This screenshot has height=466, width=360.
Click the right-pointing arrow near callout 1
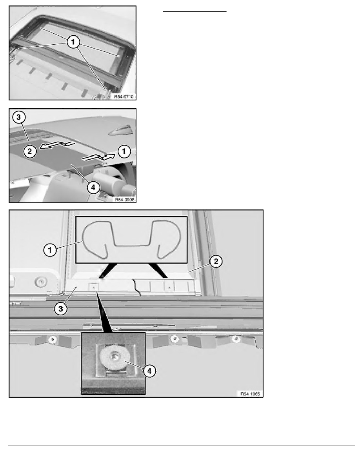pyautogui.click(x=100, y=156)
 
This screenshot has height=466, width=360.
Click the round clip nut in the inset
pyautogui.click(x=113, y=356)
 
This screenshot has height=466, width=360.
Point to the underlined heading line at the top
pyautogui.click(x=195, y=12)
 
